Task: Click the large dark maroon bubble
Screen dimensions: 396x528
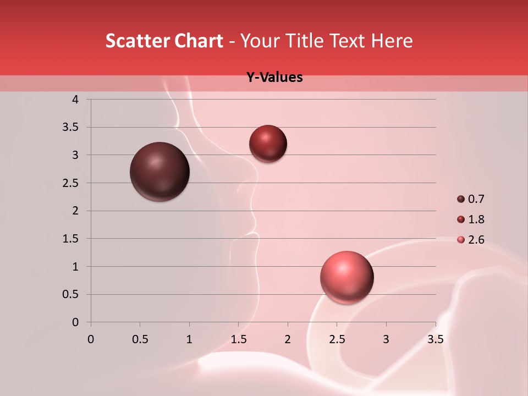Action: point(160,172)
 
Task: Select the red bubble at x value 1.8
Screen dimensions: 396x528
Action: point(268,144)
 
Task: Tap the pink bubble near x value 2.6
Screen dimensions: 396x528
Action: point(346,277)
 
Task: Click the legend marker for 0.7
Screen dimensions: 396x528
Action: point(461,199)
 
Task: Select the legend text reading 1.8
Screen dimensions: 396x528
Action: point(476,219)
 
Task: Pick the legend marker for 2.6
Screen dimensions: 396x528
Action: point(461,240)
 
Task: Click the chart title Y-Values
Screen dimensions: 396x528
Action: point(274,78)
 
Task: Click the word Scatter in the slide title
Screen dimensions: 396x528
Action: point(136,41)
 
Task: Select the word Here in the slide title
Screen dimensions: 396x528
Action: point(392,41)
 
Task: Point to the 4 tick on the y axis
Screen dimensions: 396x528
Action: point(75,100)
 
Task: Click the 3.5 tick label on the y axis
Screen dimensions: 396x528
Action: point(71,128)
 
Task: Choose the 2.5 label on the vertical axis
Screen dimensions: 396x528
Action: point(71,183)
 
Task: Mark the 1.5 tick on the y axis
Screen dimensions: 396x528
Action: point(71,239)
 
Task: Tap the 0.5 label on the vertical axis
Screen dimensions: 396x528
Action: point(71,294)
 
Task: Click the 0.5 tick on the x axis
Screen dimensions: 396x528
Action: point(140,339)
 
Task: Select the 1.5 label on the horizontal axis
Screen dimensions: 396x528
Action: point(238,339)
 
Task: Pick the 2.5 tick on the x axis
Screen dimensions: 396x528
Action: point(337,339)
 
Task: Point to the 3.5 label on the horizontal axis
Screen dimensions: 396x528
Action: point(435,339)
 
